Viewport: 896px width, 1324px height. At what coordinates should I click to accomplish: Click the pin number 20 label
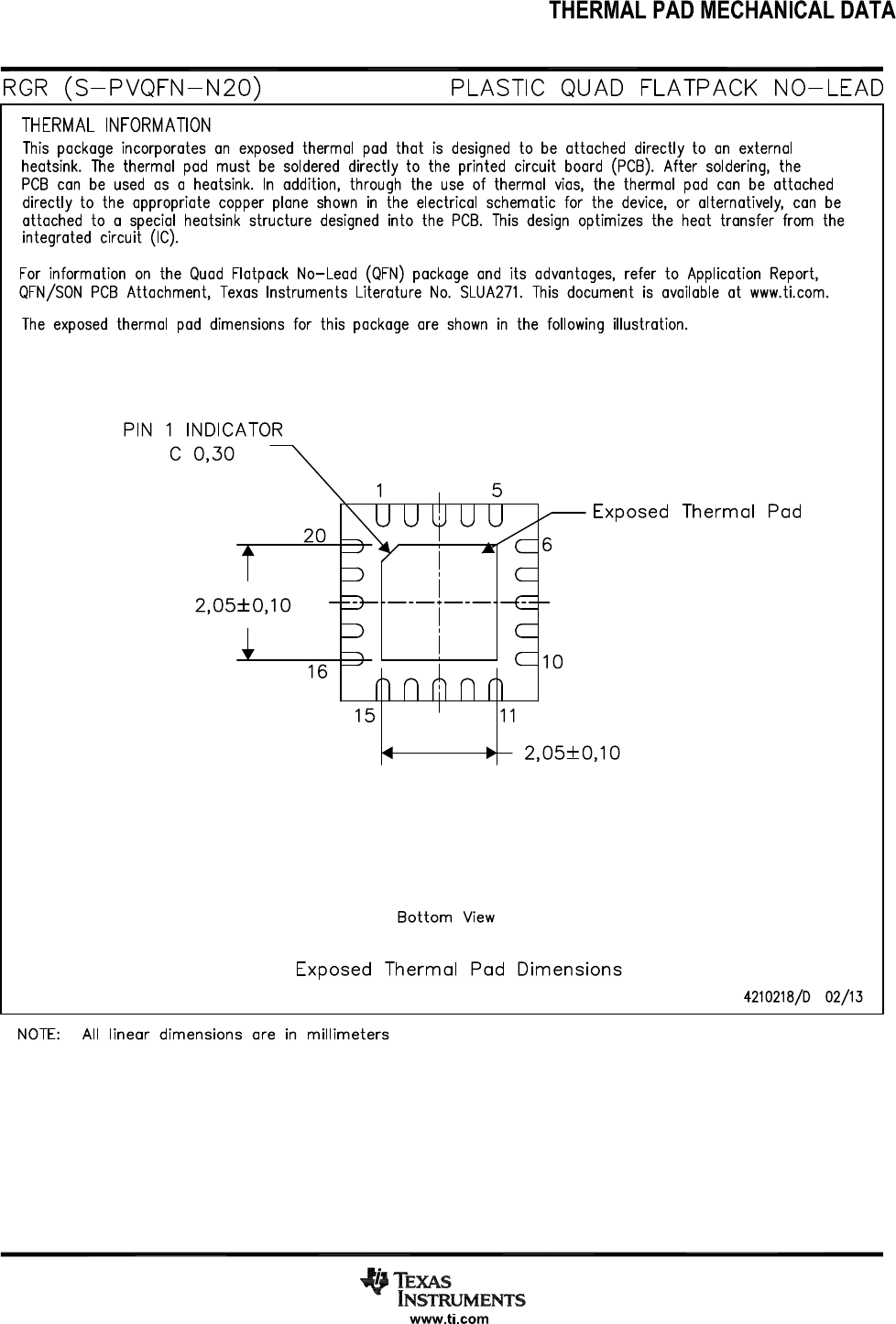click(x=315, y=537)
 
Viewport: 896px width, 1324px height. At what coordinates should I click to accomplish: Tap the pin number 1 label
click(x=379, y=490)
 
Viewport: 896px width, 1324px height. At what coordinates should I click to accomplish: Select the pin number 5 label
click(x=497, y=490)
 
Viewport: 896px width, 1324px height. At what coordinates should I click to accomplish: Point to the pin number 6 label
click(x=547, y=544)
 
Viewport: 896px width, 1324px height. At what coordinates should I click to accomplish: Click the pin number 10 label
click(x=552, y=661)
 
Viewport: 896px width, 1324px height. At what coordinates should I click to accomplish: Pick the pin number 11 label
click(x=509, y=715)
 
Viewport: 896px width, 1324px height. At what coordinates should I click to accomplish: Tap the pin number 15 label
click(x=366, y=715)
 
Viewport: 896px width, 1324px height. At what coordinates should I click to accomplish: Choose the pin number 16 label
click(x=317, y=671)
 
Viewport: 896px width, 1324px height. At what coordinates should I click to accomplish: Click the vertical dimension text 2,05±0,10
click(x=244, y=605)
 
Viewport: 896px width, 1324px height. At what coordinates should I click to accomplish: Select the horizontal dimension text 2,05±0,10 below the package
click(x=572, y=753)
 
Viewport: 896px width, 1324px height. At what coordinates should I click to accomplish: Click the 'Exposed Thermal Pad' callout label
click(x=696, y=511)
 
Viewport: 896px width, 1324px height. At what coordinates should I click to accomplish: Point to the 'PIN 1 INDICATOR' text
click(x=203, y=429)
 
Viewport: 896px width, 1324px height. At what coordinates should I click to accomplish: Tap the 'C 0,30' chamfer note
click(x=202, y=454)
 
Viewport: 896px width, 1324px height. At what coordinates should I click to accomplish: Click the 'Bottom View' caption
click(x=445, y=917)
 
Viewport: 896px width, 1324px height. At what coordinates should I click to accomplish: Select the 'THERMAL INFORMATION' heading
click(x=116, y=125)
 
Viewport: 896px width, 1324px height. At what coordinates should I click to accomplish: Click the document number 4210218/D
click(x=777, y=997)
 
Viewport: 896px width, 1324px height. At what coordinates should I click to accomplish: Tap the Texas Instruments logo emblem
click(x=376, y=1281)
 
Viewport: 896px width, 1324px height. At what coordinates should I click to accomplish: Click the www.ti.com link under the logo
click(x=449, y=1319)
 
